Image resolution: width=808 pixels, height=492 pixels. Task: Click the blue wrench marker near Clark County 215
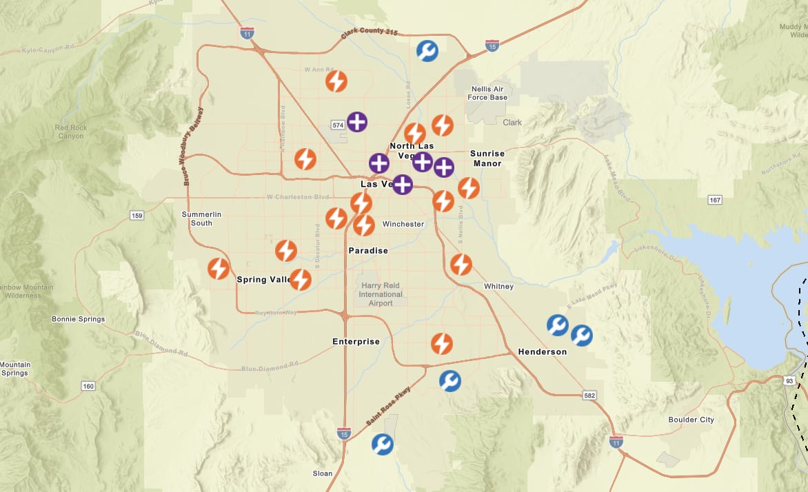[427, 50]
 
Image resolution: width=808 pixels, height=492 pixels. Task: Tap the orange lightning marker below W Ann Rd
[336, 81]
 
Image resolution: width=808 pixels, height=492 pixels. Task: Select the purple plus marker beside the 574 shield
[357, 122]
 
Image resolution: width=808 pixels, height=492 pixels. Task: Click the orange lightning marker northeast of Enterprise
[442, 343]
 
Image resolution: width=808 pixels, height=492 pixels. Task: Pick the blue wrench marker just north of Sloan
[383, 444]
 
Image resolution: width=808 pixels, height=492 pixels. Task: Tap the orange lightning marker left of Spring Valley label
[219, 268]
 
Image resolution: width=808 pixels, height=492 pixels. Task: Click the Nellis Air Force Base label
[488, 93]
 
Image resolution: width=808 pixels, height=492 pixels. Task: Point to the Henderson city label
[542, 352]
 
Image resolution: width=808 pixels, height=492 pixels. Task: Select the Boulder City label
[691, 420]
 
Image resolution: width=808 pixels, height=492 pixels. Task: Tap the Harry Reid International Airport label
[381, 294]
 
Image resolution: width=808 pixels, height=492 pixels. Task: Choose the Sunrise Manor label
[487, 158]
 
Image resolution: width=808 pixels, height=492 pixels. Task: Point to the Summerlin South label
[201, 218]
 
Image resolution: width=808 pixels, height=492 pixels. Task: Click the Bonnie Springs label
[79, 319]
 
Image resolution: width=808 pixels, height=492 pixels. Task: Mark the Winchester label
[403, 224]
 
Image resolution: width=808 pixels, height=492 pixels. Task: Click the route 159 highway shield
[137, 216]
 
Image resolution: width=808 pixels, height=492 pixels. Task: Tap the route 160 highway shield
[88, 386]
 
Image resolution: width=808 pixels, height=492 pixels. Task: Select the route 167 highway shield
[715, 200]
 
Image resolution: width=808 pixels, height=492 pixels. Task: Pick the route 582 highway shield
[589, 396]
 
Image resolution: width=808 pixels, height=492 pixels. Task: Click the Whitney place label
[498, 286]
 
